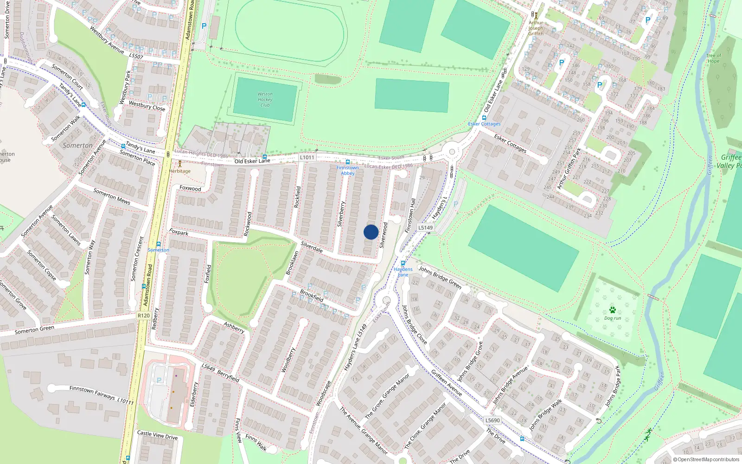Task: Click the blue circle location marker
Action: pos(371,232)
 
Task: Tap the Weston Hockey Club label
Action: pos(265,99)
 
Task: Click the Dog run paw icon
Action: pos(613,310)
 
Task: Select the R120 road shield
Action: pos(144,316)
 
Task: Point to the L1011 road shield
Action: pos(307,157)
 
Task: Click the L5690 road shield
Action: pos(493,420)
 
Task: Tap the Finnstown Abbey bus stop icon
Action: pos(348,162)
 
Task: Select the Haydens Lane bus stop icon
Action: pos(403,263)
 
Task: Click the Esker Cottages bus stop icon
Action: pos(484,118)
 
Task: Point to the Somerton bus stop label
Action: pos(158,250)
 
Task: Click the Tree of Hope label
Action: pos(713,58)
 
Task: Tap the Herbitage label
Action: pos(179,171)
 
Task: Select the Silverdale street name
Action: pos(312,247)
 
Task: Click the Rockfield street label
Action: pos(298,197)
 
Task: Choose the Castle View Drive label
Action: pos(157,435)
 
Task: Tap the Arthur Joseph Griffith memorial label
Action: pos(536,28)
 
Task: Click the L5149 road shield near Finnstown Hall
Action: pos(425,227)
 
